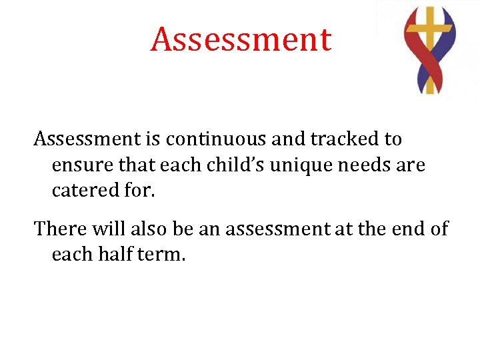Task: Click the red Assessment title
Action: point(241,39)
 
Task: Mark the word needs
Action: point(367,165)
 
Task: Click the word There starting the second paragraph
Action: point(63,229)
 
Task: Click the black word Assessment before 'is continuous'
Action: point(87,139)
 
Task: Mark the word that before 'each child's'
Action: point(137,165)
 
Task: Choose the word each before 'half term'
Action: point(73,254)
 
